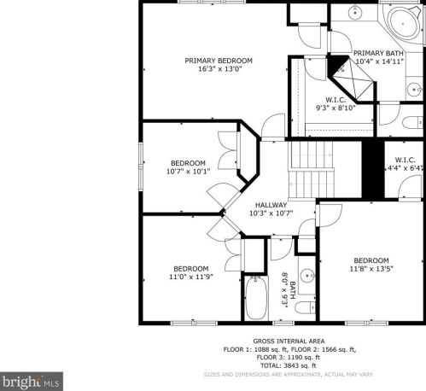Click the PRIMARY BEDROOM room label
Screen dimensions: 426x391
(x=219, y=61)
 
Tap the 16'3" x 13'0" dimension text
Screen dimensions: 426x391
(x=219, y=69)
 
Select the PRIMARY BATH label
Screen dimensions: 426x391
(x=378, y=53)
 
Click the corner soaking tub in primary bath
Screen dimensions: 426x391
(x=403, y=23)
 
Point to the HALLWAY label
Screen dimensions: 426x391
(x=271, y=205)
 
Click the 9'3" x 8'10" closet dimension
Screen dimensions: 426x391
(x=336, y=108)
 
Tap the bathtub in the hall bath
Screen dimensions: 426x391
(x=256, y=298)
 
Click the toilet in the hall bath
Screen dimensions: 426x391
(x=305, y=307)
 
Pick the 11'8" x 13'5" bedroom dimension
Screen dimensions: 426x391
(x=371, y=269)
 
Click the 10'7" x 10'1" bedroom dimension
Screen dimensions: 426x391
(x=188, y=172)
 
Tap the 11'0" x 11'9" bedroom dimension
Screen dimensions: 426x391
(x=191, y=277)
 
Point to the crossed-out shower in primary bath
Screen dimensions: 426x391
(x=353, y=79)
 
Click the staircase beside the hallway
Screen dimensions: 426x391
(x=312, y=170)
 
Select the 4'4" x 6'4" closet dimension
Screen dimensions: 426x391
(x=406, y=168)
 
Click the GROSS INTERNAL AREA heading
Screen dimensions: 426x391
(x=289, y=341)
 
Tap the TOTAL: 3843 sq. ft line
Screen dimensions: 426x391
(x=289, y=365)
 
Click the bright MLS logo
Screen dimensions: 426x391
(x=32, y=382)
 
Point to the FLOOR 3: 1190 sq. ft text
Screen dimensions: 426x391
(x=289, y=358)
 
